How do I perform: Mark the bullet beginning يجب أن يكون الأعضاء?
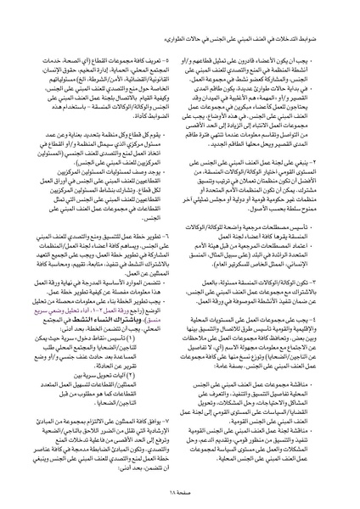pyautogui.click(x=255, y=42)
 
